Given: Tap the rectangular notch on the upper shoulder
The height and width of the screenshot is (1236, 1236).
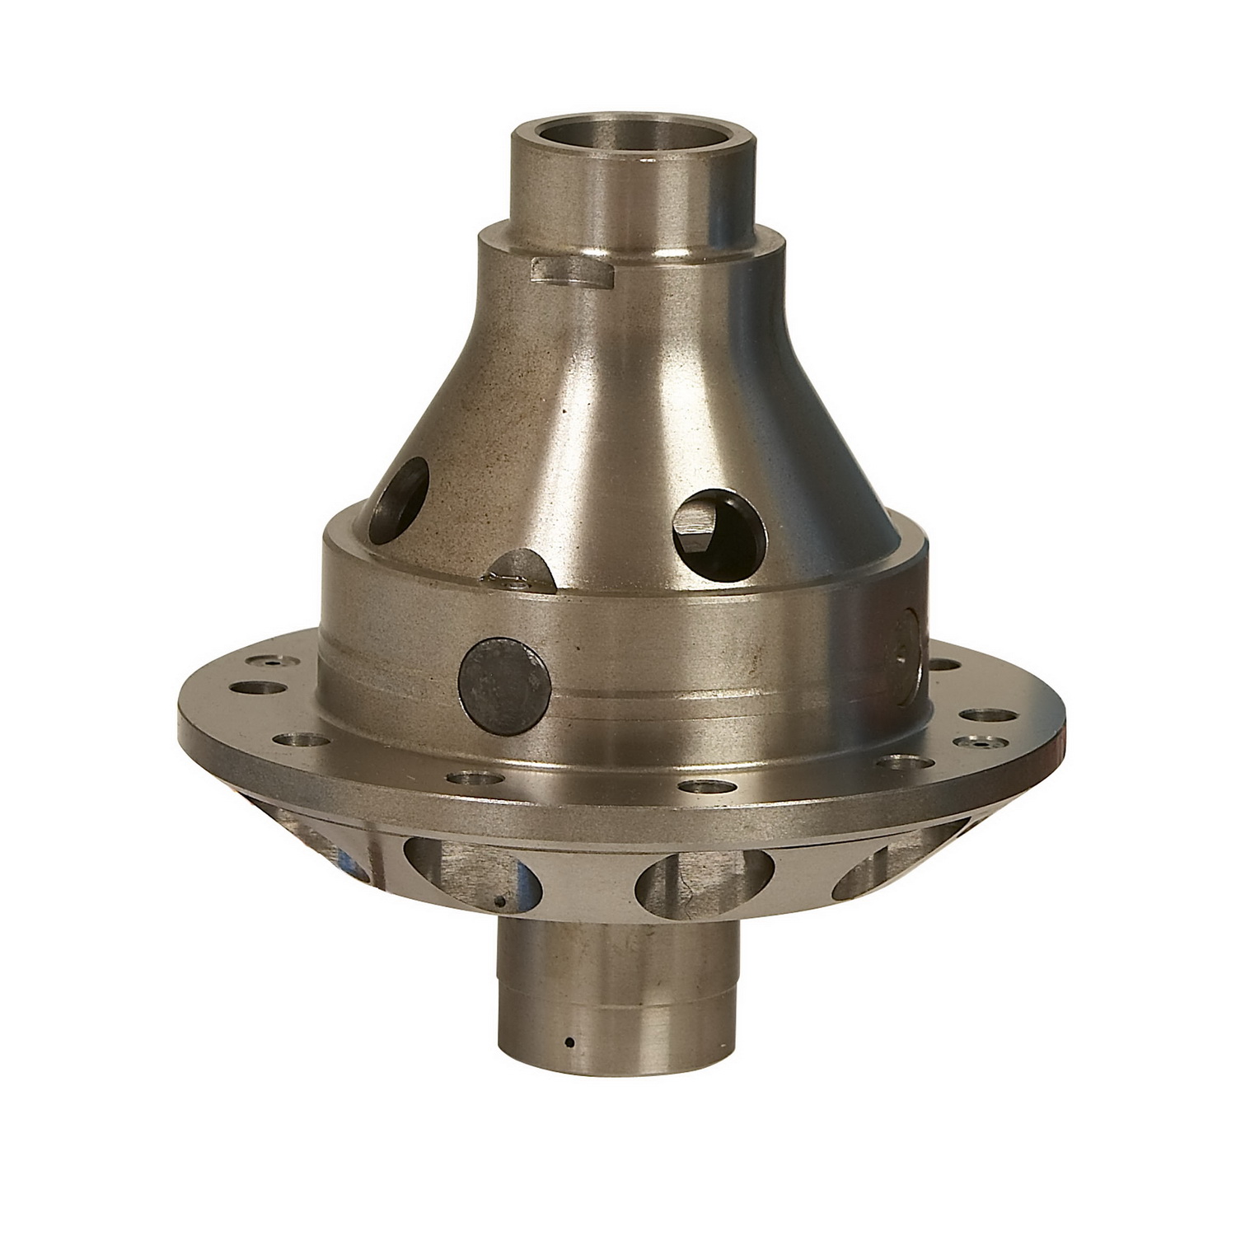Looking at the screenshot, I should tap(573, 272).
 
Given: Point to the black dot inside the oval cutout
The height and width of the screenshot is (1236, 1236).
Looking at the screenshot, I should tap(499, 901).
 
